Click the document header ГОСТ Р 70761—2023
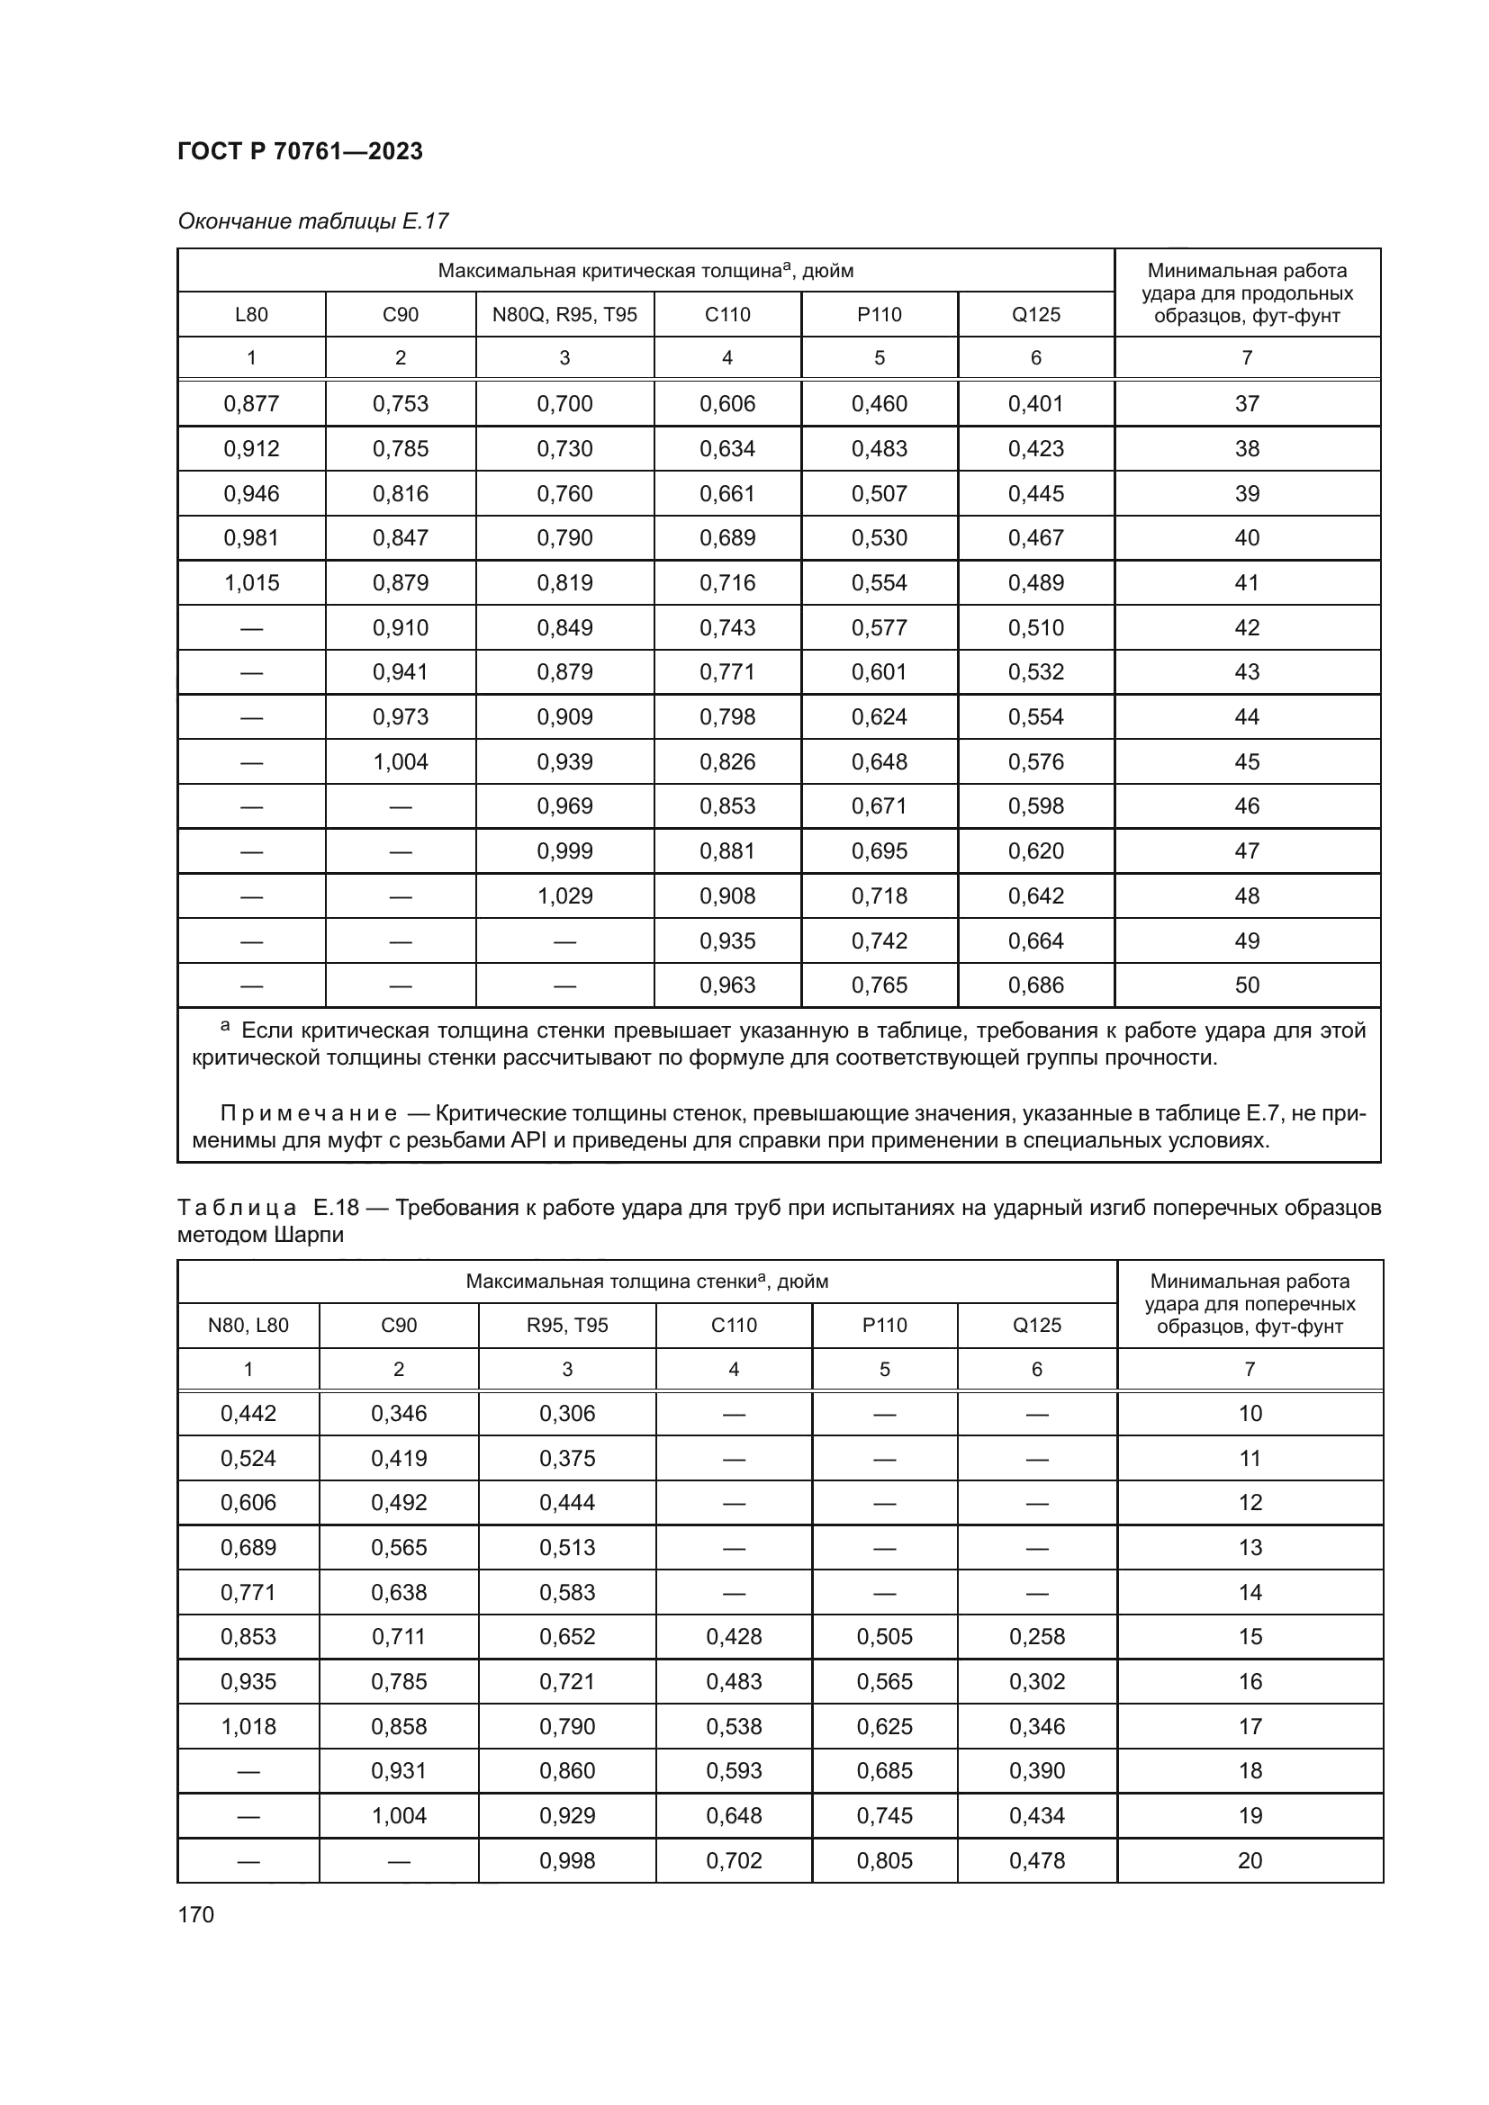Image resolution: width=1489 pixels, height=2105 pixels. click(x=300, y=151)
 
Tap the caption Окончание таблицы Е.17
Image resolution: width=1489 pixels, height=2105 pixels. click(x=312, y=221)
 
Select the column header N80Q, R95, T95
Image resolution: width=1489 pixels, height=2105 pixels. click(x=564, y=314)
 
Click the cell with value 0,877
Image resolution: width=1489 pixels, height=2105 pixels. click(x=251, y=403)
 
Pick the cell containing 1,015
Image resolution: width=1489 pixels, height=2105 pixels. click(x=251, y=582)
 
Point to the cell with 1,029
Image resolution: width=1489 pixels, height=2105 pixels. click(x=564, y=895)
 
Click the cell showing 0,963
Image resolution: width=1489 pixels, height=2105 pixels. click(x=727, y=985)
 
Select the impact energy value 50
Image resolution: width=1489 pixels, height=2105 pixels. click(x=1246, y=985)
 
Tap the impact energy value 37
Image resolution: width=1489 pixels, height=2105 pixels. click(x=1246, y=403)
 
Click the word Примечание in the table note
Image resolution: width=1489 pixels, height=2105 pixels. click(x=308, y=1114)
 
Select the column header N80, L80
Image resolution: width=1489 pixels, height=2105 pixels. click(x=248, y=1325)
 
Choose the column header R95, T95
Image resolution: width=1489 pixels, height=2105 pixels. click(x=566, y=1325)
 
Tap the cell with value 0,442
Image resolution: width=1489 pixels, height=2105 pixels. click(x=248, y=1413)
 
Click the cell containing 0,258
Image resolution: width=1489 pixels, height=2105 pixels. click(x=1036, y=1636)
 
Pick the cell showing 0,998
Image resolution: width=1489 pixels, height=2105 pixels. click(x=566, y=1860)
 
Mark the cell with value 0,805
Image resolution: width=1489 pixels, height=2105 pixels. click(x=884, y=1860)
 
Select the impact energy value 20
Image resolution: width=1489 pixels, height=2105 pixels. click(x=1249, y=1860)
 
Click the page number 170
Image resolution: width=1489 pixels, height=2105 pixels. click(x=195, y=1914)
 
